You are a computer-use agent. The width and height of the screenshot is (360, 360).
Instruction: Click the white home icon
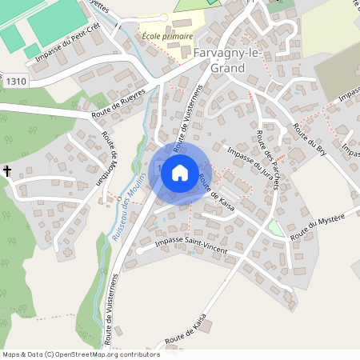pyautogui.click(x=180, y=171)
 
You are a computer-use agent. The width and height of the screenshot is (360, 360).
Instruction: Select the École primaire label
pyautogui.click(x=166, y=37)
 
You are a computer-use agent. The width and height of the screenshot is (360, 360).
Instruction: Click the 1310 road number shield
pyautogui.click(x=14, y=82)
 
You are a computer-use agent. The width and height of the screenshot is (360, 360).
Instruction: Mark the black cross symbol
pyautogui.click(x=7, y=170)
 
